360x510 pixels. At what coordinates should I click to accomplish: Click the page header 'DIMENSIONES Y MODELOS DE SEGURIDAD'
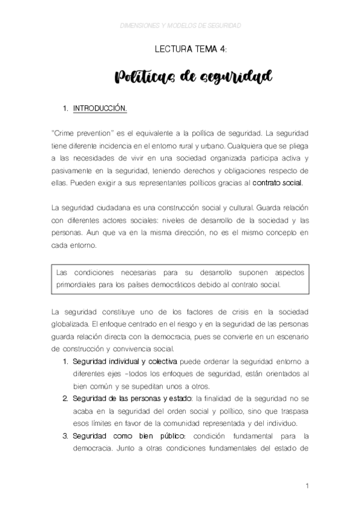(180, 26)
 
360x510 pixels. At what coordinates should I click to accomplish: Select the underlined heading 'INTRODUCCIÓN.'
(100, 109)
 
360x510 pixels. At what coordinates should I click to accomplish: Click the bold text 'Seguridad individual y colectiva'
(124, 361)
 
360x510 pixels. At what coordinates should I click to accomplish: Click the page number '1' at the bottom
(307, 487)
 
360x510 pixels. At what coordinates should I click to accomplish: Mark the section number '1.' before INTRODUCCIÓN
(66, 109)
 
